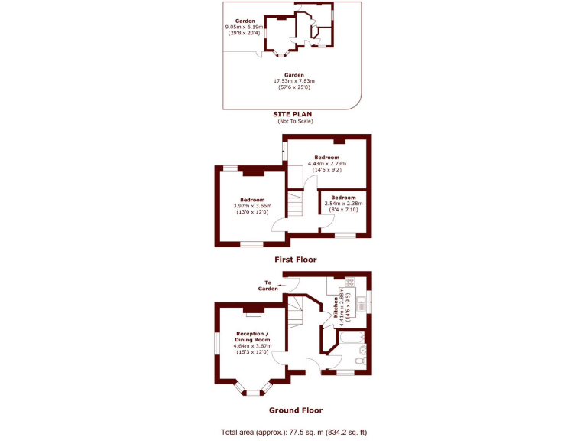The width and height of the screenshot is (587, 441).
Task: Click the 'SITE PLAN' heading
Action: tap(293, 113)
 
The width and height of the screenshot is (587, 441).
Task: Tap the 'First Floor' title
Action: tap(295, 260)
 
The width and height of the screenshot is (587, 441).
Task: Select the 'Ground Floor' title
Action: tap(295, 410)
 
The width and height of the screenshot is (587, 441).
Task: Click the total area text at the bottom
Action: tap(293, 432)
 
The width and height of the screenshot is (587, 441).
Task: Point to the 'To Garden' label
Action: tap(268, 286)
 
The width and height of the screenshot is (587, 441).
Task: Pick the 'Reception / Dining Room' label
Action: tap(252, 337)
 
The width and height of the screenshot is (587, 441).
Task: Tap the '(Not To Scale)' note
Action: tap(294, 121)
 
